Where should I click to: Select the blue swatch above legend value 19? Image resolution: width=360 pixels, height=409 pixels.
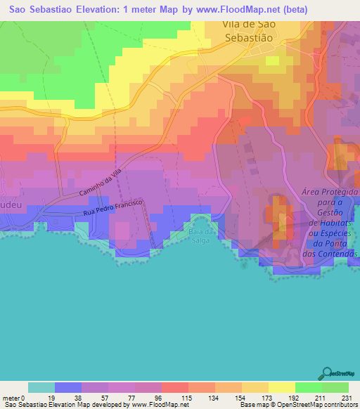click(67, 387)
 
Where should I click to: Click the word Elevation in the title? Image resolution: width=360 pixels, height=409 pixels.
click(80, 8)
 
